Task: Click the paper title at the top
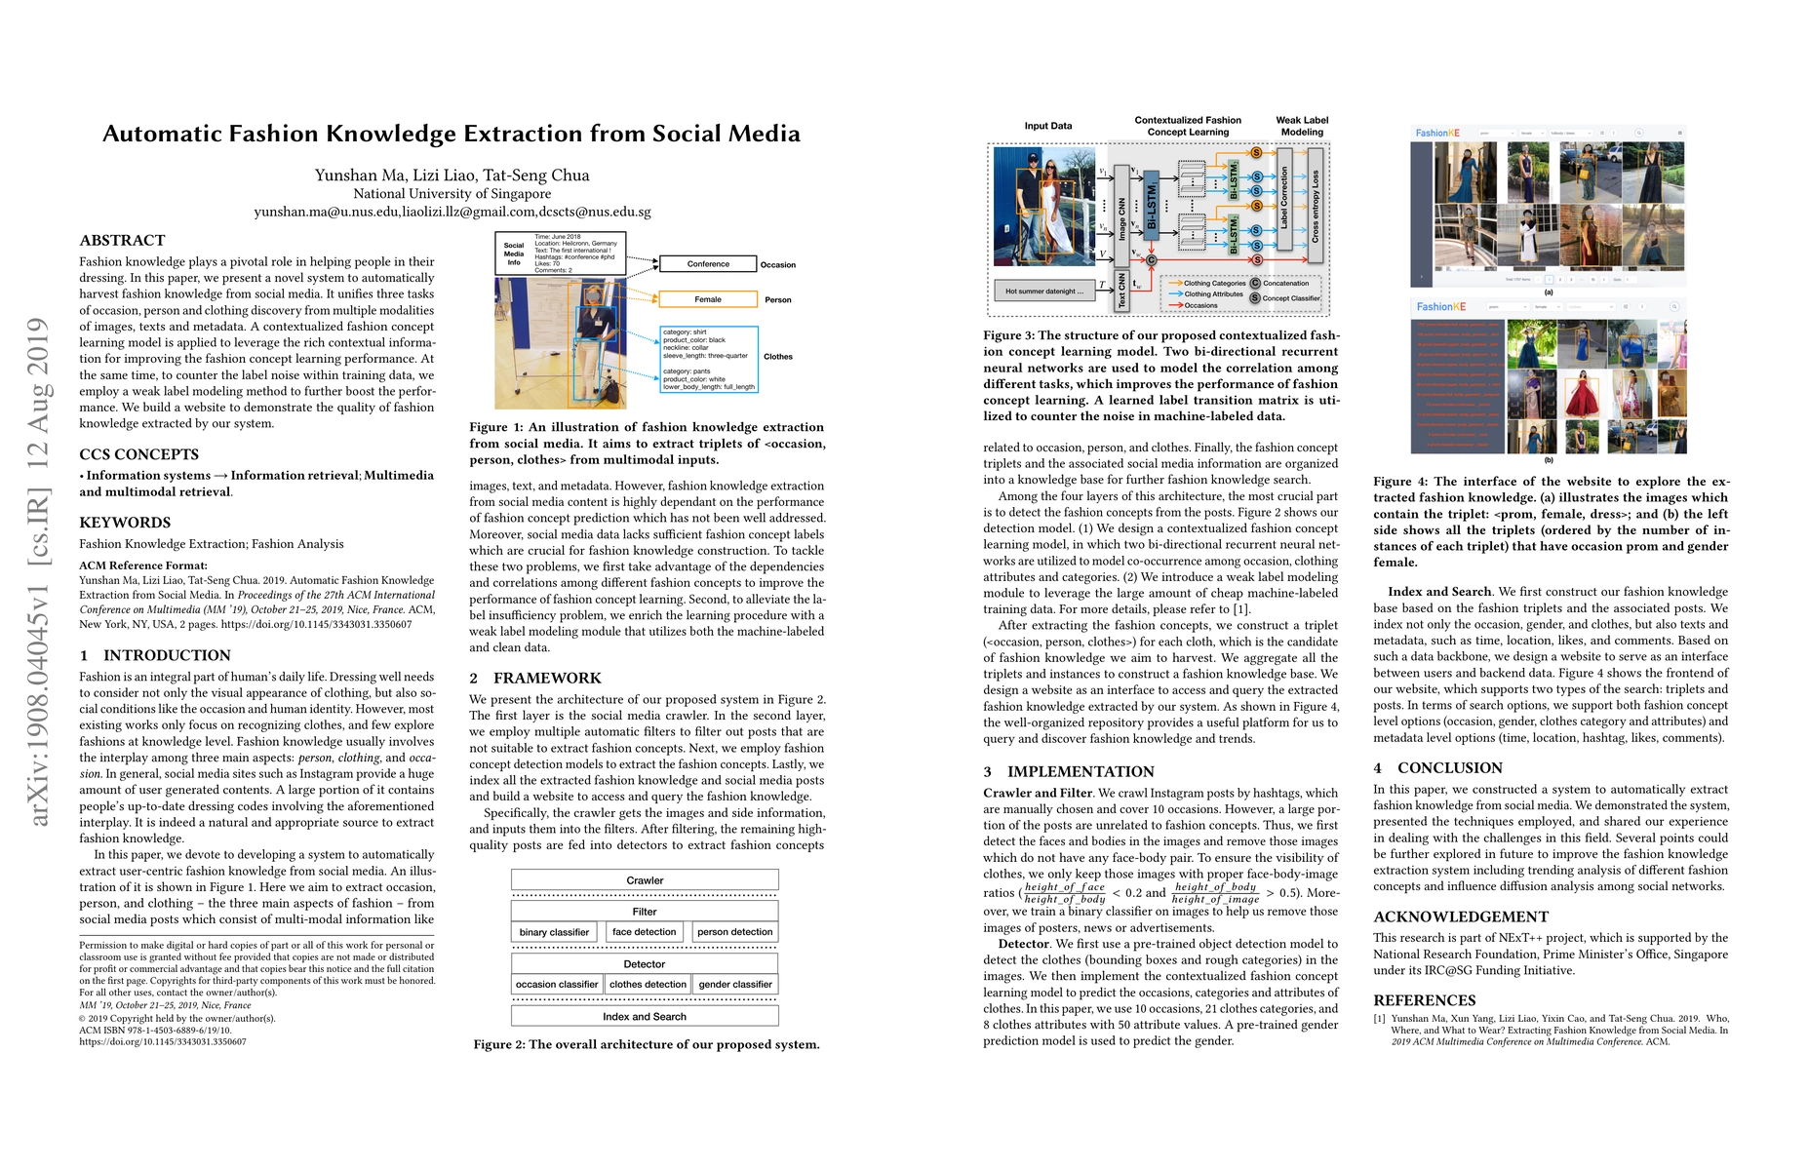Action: tap(452, 134)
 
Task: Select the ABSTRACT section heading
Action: tap(122, 240)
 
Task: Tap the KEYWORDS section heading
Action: tap(125, 523)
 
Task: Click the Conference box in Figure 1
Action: tap(708, 264)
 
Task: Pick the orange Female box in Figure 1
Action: tap(708, 299)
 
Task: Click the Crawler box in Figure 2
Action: tap(645, 880)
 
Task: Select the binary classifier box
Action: tap(554, 932)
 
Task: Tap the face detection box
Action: tap(644, 932)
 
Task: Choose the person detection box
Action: tap(734, 932)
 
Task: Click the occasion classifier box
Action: tap(557, 985)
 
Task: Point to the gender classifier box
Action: tap(735, 985)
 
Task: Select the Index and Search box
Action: tap(645, 1016)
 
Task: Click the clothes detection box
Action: tap(648, 985)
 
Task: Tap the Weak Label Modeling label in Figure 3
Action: tap(1302, 126)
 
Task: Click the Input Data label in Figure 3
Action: tap(1048, 126)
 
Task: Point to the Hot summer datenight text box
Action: tap(1044, 291)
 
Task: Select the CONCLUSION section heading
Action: tap(1436, 768)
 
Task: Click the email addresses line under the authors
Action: tap(452, 212)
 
